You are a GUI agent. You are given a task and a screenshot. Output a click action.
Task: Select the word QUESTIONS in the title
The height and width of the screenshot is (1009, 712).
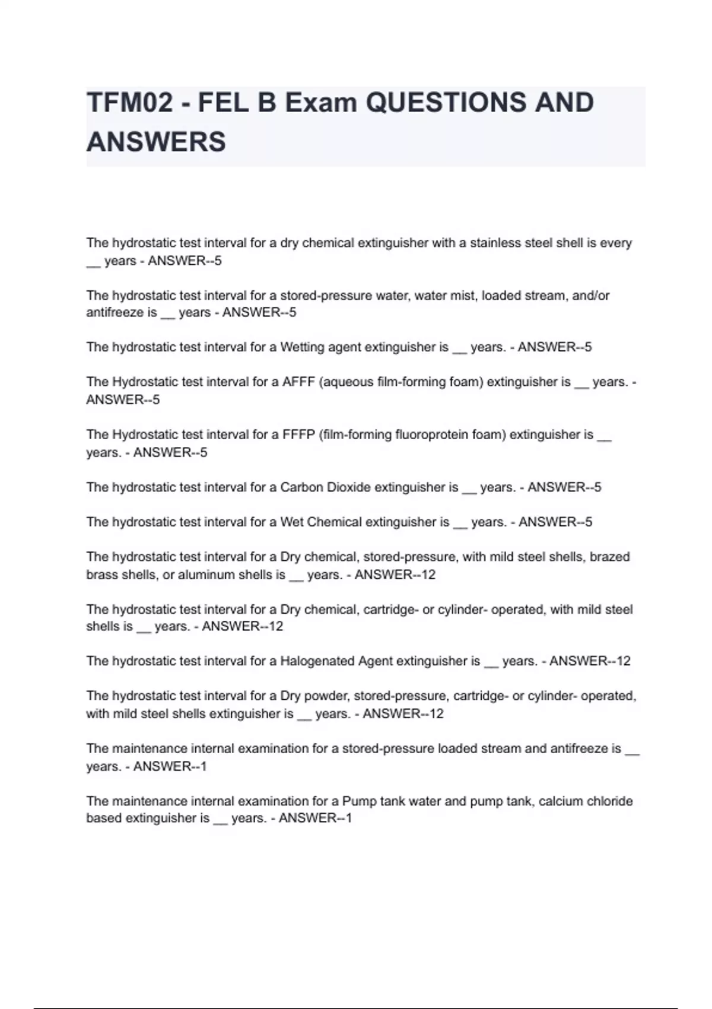point(445,103)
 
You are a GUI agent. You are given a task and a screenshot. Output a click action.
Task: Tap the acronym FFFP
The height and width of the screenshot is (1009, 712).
point(298,435)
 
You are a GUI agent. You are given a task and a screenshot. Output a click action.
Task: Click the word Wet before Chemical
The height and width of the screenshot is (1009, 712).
point(291,522)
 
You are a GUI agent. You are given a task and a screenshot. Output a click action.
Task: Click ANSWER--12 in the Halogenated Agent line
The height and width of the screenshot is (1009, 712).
point(590,661)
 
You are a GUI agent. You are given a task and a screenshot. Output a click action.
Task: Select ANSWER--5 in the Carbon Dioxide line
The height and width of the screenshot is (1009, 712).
point(564,487)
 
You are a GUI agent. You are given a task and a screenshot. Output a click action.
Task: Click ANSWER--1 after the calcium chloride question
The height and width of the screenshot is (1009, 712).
point(315,818)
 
